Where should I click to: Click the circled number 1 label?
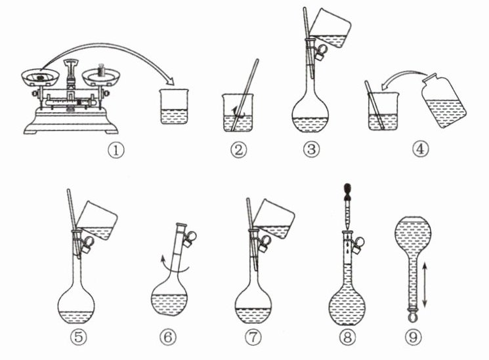[x=116, y=151]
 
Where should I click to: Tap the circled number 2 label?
[x=238, y=150]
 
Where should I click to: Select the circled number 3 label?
[x=311, y=150]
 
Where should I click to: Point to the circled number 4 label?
[x=420, y=149]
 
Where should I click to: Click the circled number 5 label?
[x=78, y=338]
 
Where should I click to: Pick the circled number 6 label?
[x=168, y=338]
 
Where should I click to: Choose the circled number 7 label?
[x=253, y=338]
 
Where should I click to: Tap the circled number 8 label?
[x=347, y=338]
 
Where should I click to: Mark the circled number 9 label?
[x=414, y=338]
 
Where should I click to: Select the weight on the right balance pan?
[x=100, y=70]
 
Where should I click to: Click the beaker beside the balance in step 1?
[x=175, y=107]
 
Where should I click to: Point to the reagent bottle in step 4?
[x=444, y=101]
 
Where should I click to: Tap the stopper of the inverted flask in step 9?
[x=414, y=315]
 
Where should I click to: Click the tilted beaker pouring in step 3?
[x=331, y=29]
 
